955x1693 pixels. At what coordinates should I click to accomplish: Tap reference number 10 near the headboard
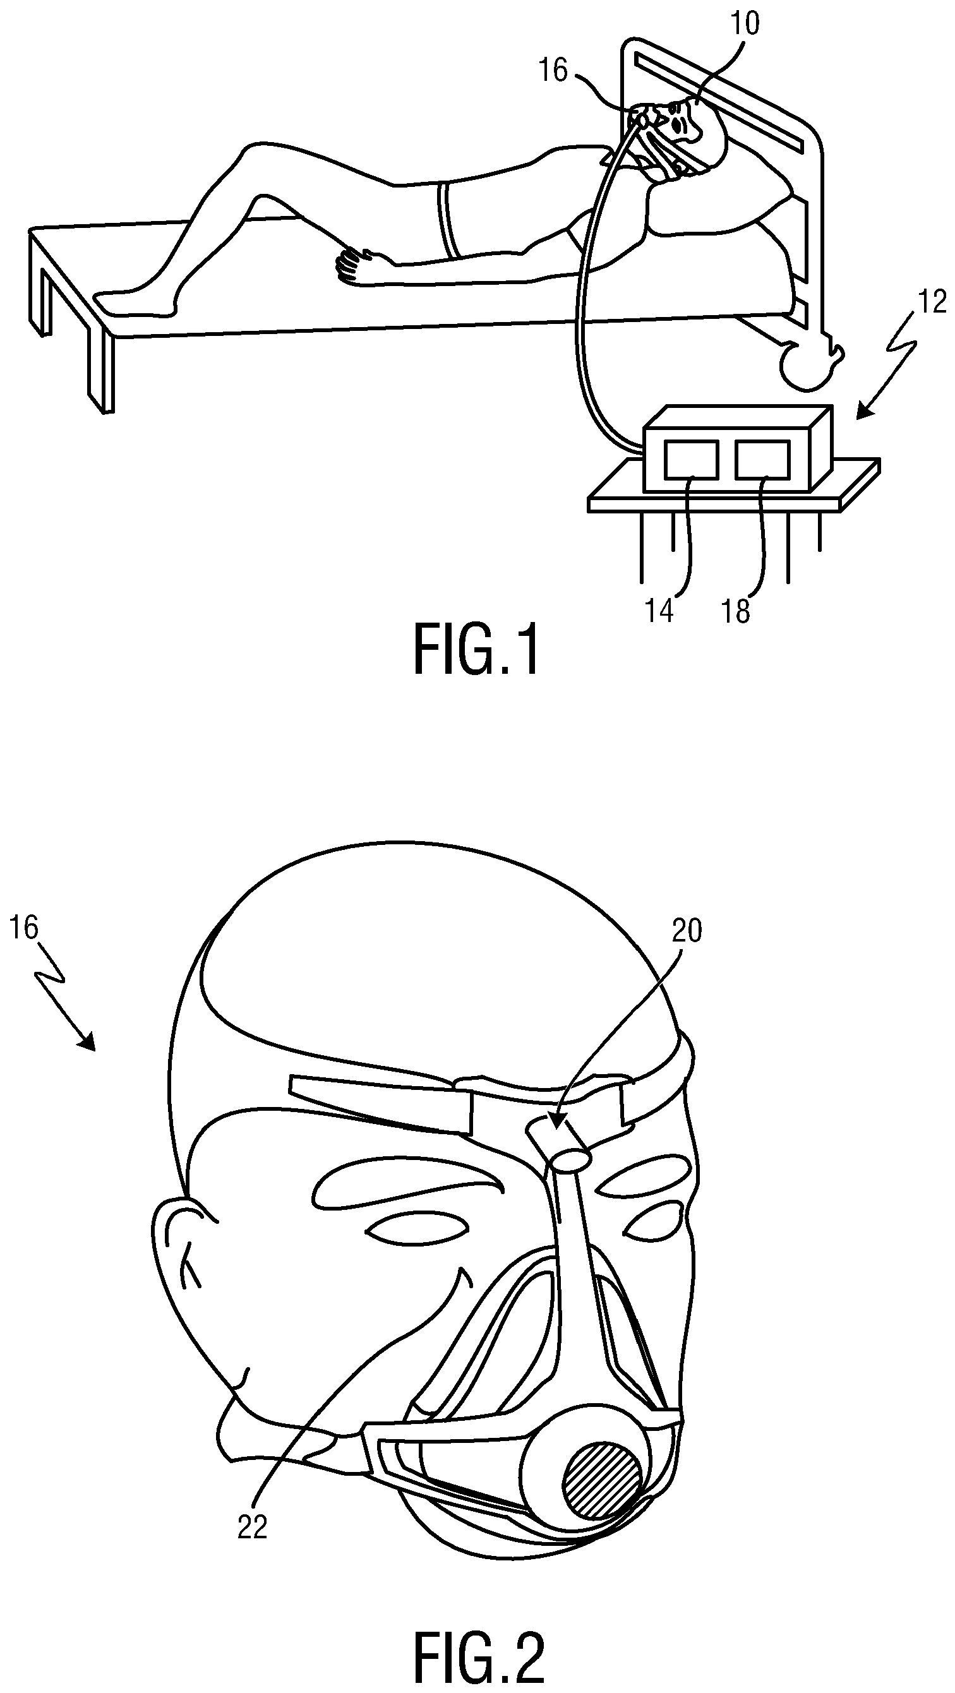tap(745, 25)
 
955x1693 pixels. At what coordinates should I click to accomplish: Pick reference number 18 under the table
tap(736, 611)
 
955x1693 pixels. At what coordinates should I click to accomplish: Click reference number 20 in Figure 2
tap(687, 932)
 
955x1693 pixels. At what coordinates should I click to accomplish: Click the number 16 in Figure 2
tap(25, 930)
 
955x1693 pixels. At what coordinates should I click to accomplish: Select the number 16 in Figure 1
tap(553, 70)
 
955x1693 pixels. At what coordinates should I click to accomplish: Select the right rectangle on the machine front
tap(762, 458)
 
